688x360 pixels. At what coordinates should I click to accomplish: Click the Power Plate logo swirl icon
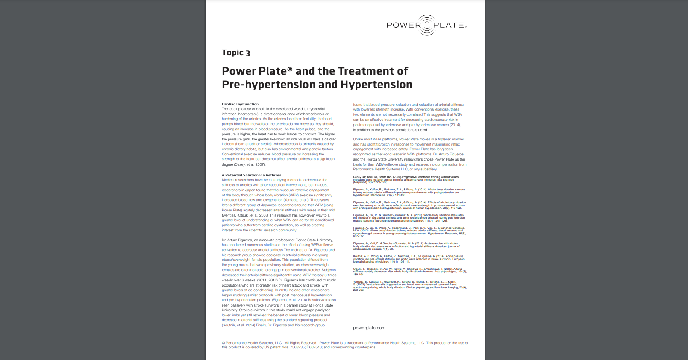coord(427,25)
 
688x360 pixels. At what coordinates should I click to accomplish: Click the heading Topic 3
coord(235,53)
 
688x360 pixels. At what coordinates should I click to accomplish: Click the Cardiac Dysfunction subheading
coord(240,104)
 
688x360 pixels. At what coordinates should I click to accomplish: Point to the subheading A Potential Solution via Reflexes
coord(251,175)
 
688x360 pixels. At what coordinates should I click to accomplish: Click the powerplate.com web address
coord(369,328)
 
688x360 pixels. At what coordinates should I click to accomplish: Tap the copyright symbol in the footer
coord(223,343)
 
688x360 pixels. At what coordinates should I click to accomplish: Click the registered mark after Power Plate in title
coord(290,69)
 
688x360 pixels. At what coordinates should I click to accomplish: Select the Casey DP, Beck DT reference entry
coord(406,179)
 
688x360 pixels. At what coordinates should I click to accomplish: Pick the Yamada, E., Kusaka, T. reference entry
coord(409,286)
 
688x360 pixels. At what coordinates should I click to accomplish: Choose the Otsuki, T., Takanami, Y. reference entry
coord(409,272)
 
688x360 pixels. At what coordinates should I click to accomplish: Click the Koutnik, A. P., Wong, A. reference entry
coord(409,259)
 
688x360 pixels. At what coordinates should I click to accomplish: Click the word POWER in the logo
coord(403,25)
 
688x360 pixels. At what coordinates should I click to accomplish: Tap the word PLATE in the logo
coord(449,25)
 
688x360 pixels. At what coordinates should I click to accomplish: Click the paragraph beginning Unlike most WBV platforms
coord(409,154)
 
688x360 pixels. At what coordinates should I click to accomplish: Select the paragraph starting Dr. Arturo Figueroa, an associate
coord(279,282)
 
